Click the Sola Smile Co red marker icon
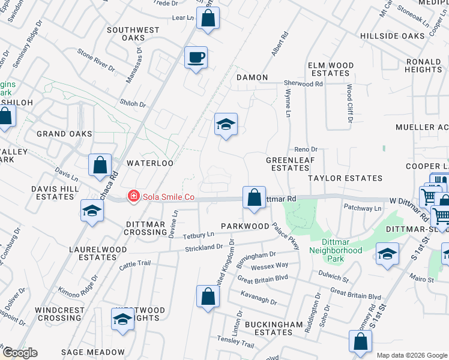(133, 196)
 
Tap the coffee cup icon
(196, 58)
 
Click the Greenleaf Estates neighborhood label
(288, 164)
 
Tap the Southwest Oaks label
(133, 34)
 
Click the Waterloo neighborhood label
(149, 163)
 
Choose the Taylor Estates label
(345, 178)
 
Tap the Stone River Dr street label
(96, 59)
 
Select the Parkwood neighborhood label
(244, 226)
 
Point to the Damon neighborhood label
(252, 77)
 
